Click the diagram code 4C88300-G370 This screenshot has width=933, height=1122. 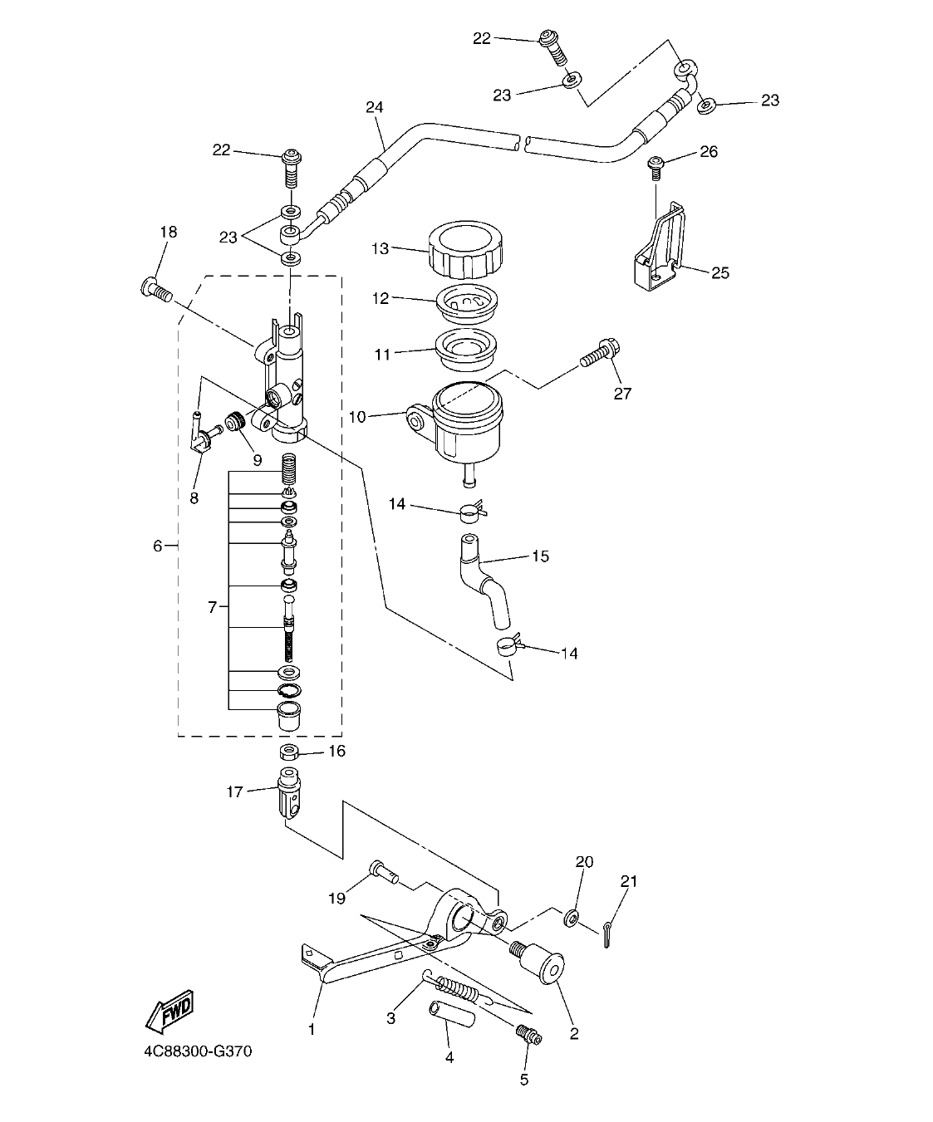[x=197, y=1052]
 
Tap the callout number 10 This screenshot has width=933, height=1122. [x=357, y=417]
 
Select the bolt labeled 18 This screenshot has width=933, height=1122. [x=155, y=290]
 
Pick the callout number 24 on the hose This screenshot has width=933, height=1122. [x=375, y=107]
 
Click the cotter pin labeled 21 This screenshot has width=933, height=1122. [x=607, y=933]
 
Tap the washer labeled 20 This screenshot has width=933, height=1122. [x=572, y=919]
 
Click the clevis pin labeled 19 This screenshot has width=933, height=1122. [x=383, y=871]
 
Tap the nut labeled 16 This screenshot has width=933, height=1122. [x=290, y=752]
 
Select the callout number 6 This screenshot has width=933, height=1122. [x=157, y=546]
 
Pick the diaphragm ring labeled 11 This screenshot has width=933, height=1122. [x=466, y=350]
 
